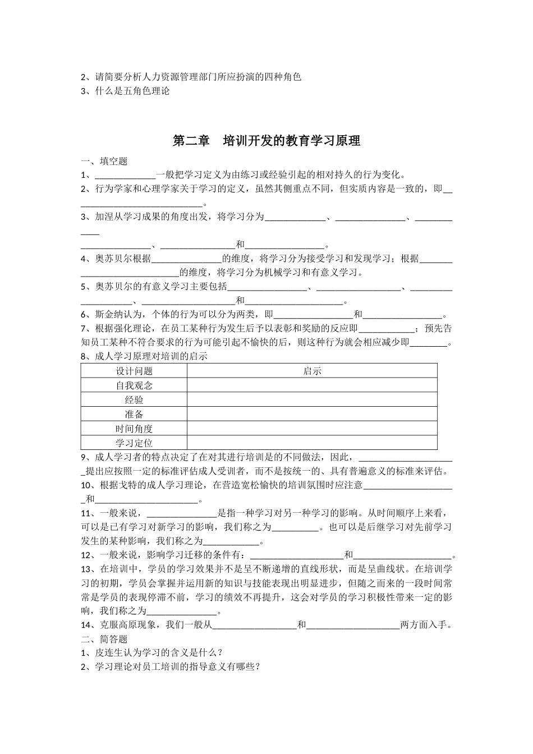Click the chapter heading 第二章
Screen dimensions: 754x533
point(190,141)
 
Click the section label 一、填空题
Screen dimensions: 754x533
point(104,162)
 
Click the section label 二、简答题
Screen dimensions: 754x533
point(104,639)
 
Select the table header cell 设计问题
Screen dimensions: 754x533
point(134,371)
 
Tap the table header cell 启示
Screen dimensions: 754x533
point(312,371)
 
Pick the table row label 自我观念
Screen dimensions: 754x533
point(134,385)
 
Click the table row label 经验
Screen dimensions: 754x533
point(134,399)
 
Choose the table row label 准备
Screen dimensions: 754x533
point(134,414)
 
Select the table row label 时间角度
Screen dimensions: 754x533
point(134,429)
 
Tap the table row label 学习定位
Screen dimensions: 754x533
point(134,443)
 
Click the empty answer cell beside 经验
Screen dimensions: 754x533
point(312,399)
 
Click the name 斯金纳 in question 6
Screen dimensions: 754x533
point(109,314)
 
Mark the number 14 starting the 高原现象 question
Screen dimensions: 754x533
point(86,625)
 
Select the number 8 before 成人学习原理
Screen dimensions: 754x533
point(84,356)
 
